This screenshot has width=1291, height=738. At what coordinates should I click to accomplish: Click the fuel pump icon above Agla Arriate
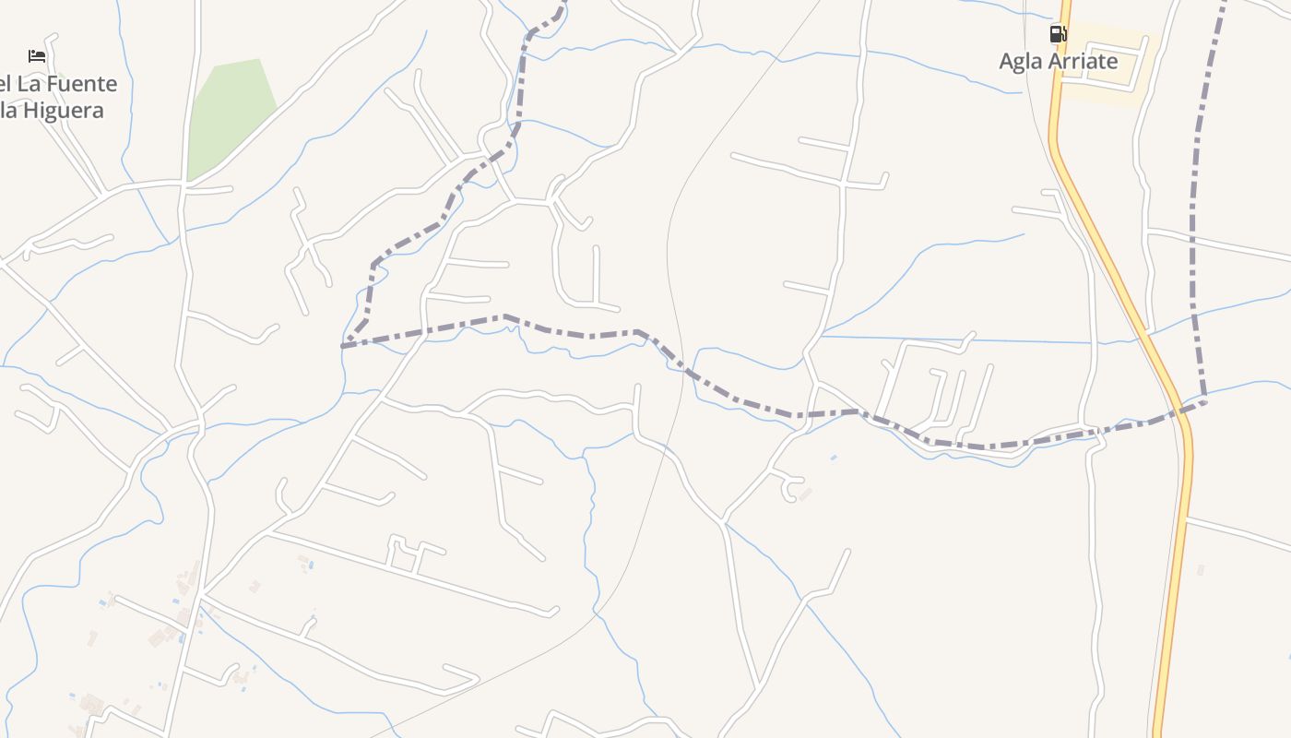(1058, 35)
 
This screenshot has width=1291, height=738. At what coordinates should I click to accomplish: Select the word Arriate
(1084, 62)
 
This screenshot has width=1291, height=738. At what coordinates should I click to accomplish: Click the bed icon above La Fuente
(37, 56)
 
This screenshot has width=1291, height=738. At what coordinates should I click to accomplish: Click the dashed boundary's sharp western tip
(343, 346)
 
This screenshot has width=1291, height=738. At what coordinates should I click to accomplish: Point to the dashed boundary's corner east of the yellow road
(1204, 400)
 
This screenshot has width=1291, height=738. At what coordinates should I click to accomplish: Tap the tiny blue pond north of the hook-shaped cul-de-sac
(834, 458)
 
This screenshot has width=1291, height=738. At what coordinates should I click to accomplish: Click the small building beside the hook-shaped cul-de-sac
(805, 494)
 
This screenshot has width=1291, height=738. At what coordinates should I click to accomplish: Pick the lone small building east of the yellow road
(1200, 569)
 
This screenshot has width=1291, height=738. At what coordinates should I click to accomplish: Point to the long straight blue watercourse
(959, 340)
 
